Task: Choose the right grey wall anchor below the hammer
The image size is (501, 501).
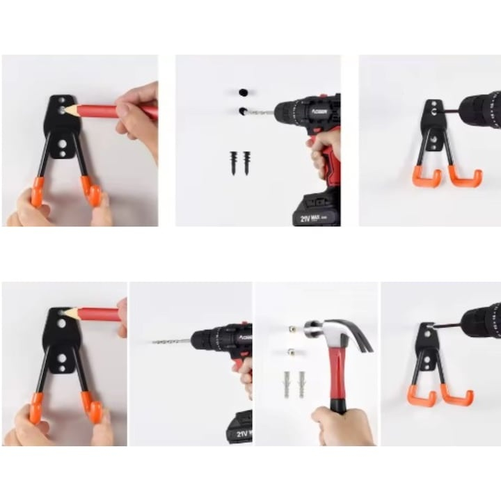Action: (x=301, y=383)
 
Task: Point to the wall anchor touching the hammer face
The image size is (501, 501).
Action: (x=294, y=329)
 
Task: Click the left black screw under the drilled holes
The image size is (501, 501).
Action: (x=234, y=162)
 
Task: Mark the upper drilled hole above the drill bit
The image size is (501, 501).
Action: (x=243, y=93)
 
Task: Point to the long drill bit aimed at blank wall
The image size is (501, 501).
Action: (x=171, y=341)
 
